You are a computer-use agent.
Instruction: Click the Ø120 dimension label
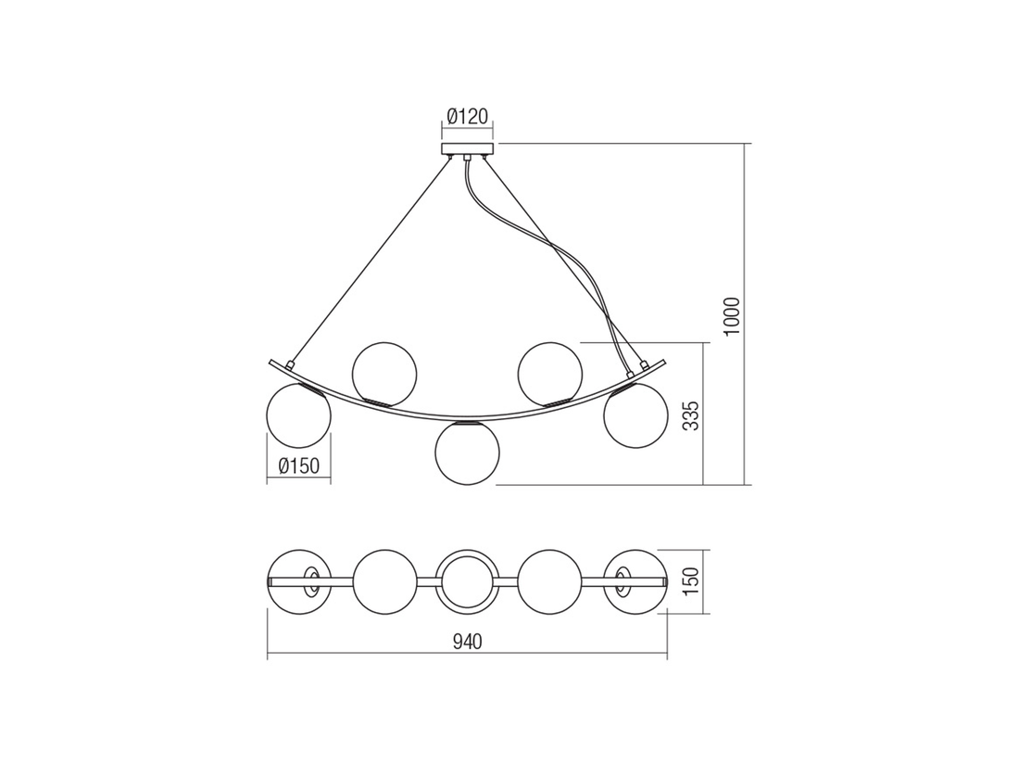pyautogui.click(x=468, y=117)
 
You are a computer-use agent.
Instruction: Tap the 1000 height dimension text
pyautogui.click(x=732, y=316)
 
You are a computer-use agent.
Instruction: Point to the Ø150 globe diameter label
pyautogui.click(x=298, y=466)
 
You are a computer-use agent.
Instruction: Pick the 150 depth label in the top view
pyautogui.click(x=690, y=581)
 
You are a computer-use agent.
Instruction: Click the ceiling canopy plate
pyautogui.click(x=468, y=149)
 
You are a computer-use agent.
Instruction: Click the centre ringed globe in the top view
pyautogui.click(x=468, y=581)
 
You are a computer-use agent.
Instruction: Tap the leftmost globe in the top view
pyautogui.click(x=298, y=581)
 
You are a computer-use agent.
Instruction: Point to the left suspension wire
pyautogui.click(x=371, y=260)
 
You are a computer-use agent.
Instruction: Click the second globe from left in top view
pyautogui.click(x=384, y=581)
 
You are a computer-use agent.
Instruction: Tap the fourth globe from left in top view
pyautogui.click(x=551, y=581)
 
